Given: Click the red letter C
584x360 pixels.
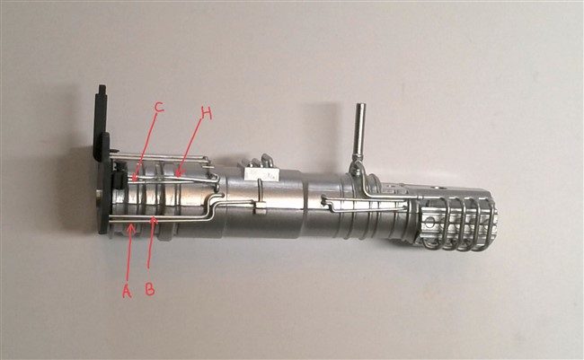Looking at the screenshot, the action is coord(159,107).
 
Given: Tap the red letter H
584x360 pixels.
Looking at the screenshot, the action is coord(206,113).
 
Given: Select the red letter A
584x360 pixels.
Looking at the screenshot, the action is coord(127,291).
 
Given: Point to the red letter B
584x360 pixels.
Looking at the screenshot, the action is coord(150,288).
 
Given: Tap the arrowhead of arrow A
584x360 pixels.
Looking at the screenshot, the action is coord(130,227).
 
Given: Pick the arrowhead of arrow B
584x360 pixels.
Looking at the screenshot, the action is coord(154,221).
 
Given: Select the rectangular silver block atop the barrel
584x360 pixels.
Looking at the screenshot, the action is coord(261,173).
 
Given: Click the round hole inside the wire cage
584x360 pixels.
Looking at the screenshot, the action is coord(430,224).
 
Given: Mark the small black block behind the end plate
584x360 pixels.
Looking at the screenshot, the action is coord(119,180).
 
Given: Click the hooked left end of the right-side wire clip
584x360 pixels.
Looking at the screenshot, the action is coord(323,201).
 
